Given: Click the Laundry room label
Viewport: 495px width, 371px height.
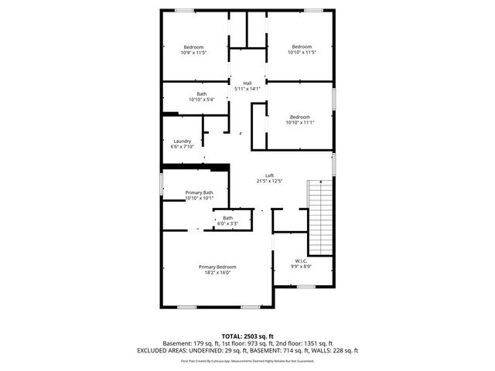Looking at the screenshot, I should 182,141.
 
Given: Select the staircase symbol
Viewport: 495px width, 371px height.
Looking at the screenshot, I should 320,216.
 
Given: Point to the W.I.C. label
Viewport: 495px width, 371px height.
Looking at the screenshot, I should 302,260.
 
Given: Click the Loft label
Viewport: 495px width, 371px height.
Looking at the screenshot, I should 270,175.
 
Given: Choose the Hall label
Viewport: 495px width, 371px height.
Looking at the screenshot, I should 247,83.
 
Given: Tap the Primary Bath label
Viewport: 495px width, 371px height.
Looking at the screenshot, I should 199,192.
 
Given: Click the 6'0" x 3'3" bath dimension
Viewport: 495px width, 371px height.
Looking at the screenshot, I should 227,224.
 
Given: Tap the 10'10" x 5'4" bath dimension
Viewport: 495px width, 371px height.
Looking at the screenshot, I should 202,100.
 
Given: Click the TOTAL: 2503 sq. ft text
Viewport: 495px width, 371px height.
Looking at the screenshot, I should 247,336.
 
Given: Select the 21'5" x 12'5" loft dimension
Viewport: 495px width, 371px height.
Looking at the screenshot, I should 270,182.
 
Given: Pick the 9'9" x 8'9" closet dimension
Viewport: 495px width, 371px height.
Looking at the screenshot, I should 302,267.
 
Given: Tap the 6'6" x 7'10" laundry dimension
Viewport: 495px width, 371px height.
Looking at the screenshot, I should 182,148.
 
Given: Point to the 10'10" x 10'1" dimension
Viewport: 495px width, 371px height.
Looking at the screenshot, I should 199,199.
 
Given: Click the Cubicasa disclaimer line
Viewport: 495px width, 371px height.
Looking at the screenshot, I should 247,360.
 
